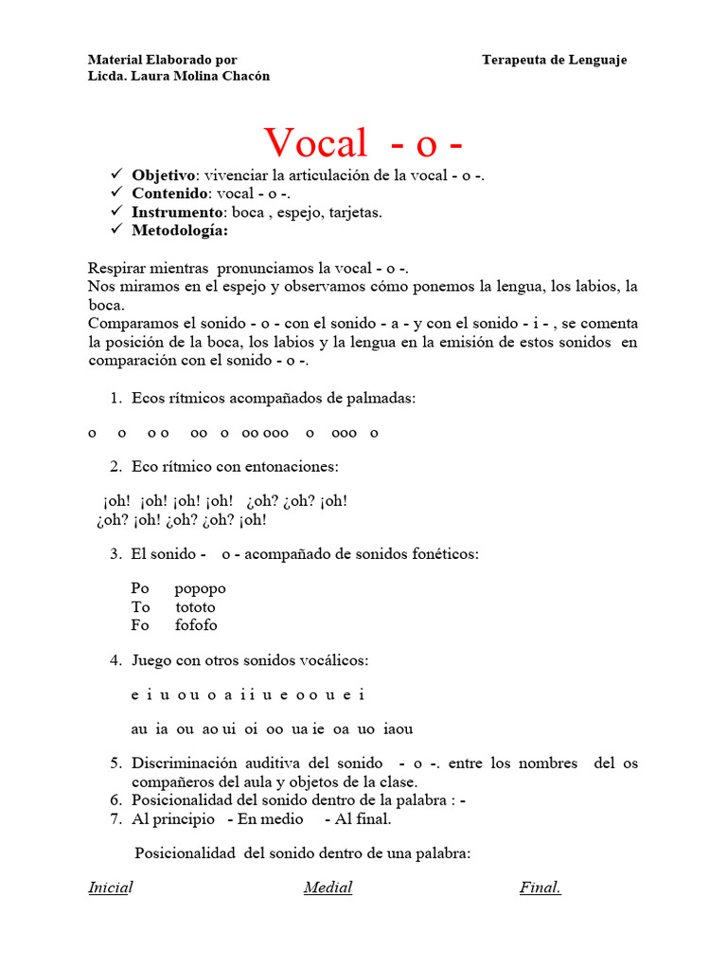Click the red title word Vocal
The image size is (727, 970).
(x=315, y=143)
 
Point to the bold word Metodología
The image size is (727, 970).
(x=180, y=230)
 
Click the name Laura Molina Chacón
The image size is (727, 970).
(x=201, y=76)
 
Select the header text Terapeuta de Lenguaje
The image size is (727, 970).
(x=554, y=60)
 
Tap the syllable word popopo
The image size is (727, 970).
(x=200, y=588)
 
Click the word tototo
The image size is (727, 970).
(x=195, y=607)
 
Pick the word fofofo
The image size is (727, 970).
(x=196, y=625)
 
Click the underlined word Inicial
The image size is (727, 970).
(x=110, y=888)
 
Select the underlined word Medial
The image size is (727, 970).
(x=328, y=888)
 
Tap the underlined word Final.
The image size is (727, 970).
(x=540, y=888)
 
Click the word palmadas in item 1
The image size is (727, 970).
(x=381, y=399)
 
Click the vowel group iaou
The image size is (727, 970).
(x=399, y=729)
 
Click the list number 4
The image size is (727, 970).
(x=115, y=660)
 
